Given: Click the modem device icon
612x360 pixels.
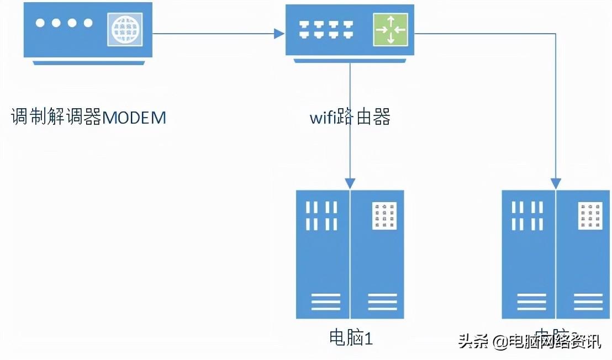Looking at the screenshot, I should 88,32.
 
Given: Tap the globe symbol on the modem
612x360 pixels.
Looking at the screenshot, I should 124,30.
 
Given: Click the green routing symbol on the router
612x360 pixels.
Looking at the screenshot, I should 390,30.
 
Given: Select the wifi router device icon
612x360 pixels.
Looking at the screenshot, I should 350,32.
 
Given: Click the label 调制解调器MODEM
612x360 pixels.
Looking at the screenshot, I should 88,118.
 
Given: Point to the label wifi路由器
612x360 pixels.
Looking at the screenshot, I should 350,118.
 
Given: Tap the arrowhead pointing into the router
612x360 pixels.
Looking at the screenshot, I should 279,34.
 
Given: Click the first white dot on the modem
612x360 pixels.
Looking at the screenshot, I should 40,23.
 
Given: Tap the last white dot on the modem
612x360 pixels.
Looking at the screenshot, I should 88,23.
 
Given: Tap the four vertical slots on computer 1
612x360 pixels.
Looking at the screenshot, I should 322,216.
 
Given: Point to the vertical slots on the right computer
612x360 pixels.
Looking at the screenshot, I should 527,216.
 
